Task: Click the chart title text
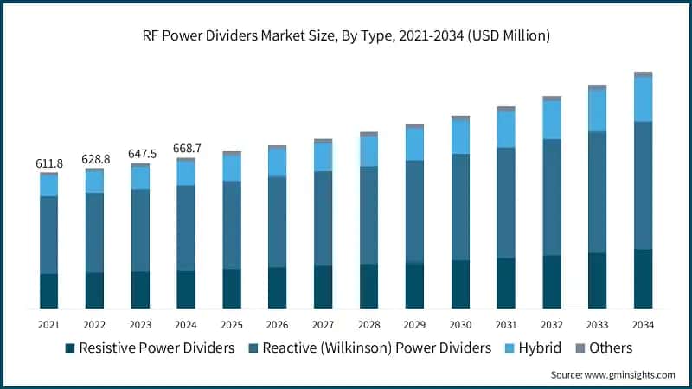tap(346, 36)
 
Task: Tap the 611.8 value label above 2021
tap(49, 163)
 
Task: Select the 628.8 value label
tap(95, 160)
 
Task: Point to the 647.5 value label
tap(140, 154)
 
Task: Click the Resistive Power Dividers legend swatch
tap(70, 348)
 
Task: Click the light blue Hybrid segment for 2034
tap(643, 99)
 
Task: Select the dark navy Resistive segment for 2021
tap(49, 291)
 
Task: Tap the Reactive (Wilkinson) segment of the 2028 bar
tap(368, 214)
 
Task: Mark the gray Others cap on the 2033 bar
tap(597, 87)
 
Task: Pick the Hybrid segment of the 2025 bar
tap(232, 168)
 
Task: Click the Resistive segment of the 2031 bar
tap(506, 284)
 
